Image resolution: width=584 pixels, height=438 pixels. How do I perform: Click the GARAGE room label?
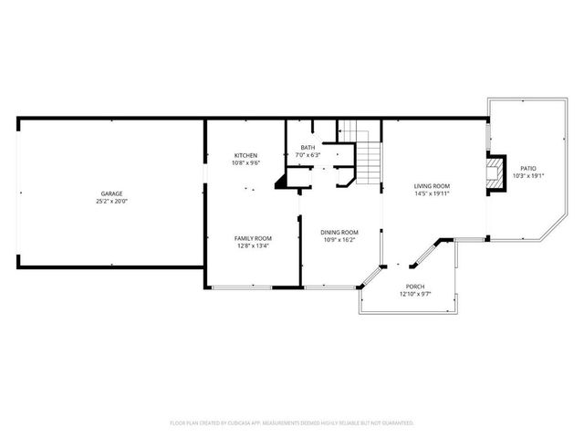pyautogui.click(x=111, y=193)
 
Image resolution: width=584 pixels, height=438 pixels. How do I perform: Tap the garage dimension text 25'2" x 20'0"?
pyautogui.click(x=111, y=201)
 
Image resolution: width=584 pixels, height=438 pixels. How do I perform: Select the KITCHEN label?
pyautogui.click(x=246, y=156)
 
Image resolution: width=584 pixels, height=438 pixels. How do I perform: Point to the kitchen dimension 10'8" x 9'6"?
pyautogui.click(x=246, y=163)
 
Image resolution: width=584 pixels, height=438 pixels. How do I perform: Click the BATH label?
pyautogui.click(x=308, y=148)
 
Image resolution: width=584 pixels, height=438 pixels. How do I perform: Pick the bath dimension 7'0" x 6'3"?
pyautogui.click(x=308, y=155)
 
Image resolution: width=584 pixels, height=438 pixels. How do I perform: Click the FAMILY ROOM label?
pyautogui.click(x=253, y=237)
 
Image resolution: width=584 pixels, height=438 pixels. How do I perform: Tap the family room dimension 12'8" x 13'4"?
pyautogui.click(x=253, y=245)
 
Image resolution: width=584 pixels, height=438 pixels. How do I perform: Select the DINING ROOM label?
pyautogui.click(x=339, y=232)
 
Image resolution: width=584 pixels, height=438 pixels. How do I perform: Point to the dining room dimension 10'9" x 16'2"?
pyautogui.click(x=339, y=240)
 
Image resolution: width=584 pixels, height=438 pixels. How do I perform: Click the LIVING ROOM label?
pyautogui.click(x=432, y=186)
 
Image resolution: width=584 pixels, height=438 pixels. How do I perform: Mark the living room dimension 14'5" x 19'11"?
pyautogui.click(x=432, y=194)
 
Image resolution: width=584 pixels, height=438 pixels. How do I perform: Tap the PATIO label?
pyautogui.click(x=528, y=168)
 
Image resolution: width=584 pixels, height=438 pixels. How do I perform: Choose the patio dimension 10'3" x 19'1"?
pyautogui.click(x=528, y=176)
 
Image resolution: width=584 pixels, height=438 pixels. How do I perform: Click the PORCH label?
pyautogui.click(x=415, y=287)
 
